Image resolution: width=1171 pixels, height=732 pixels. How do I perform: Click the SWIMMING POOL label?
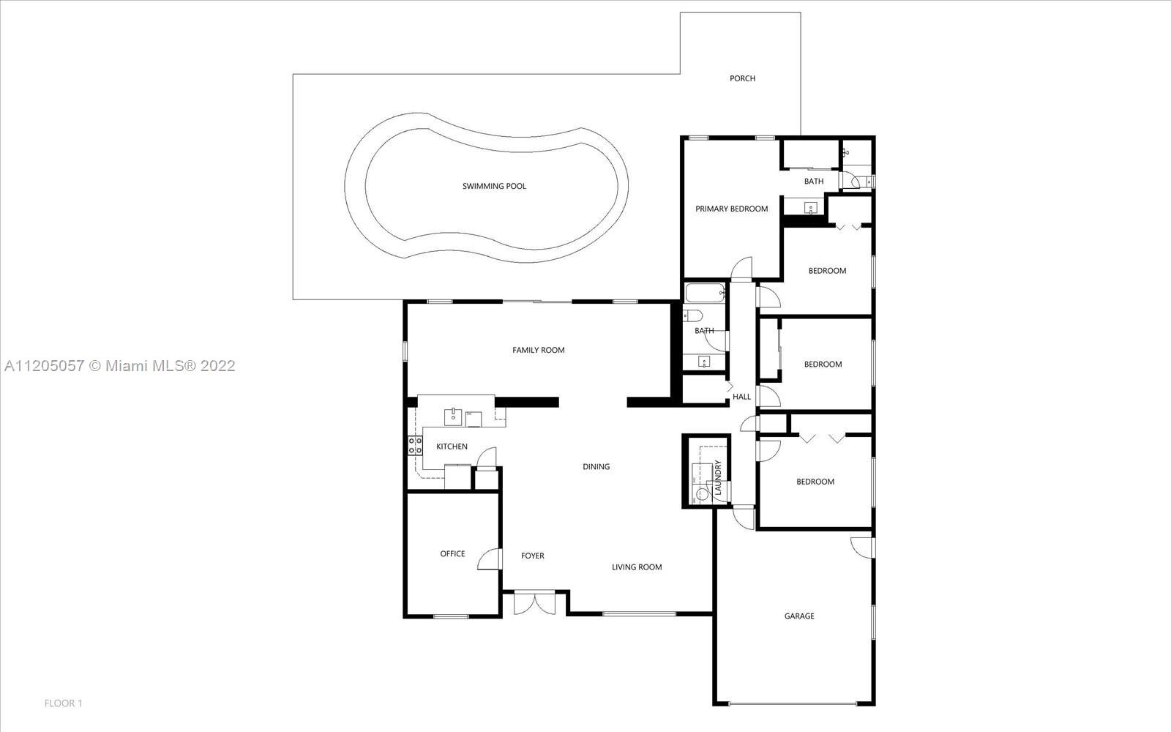click(x=494, y=186)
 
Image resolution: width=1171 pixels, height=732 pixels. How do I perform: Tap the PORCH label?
click(x=742, y=78)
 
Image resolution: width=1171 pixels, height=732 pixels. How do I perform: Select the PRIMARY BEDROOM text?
click(x=731, y=209)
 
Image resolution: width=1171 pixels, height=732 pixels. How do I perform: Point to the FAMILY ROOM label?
click(x=538, y=351)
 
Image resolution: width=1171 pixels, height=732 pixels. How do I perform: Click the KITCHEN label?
click(x=452, y=447)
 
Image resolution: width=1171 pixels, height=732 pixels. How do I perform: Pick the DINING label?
click(x=596, y=466)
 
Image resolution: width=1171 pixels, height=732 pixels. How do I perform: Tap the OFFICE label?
click(x=452, y=553)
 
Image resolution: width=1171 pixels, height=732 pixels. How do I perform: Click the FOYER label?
click(x=532, y=556)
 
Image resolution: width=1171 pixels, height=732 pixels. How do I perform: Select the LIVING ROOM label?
click(x=637, y=567)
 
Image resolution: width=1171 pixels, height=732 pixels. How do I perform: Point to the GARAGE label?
click(x=799, y=616)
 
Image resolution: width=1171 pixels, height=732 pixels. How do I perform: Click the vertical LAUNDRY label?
click(x=718, y=477)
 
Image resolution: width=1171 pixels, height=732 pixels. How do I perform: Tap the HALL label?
click(x=741, y=397)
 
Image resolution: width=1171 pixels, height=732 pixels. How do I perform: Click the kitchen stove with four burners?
click(x=415, y=446)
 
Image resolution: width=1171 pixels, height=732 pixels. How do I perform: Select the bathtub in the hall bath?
click(x=706, y=293)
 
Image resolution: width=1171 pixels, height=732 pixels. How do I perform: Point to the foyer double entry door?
click(x=534, y=603)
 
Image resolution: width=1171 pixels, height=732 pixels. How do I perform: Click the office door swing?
click(x=490, y=559)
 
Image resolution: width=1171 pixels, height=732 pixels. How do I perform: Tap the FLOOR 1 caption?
click(x=63, y=703)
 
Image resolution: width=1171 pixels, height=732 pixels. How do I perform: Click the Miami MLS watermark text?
click(x=120, y=366)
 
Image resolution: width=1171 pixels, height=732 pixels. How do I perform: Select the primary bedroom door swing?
click(x=741, y=268)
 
